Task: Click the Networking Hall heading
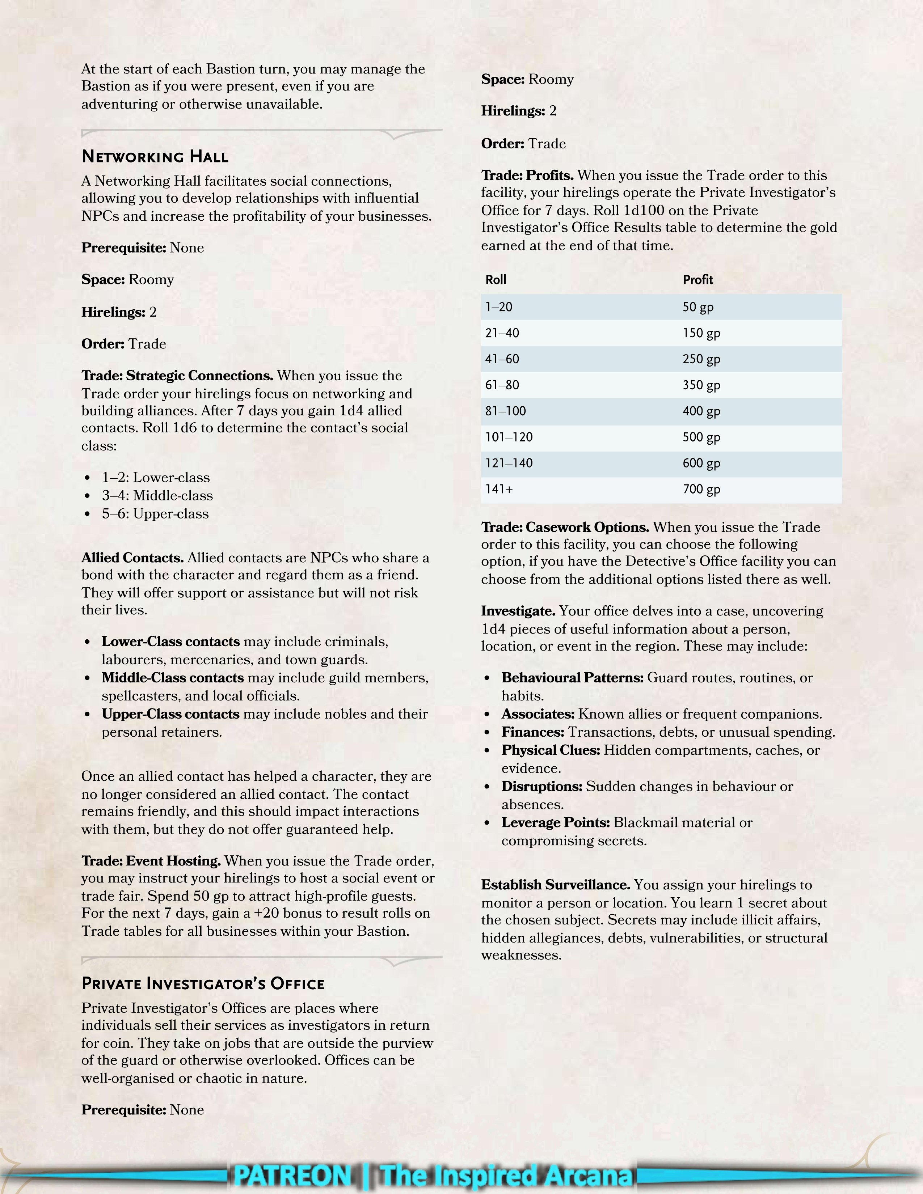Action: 155,157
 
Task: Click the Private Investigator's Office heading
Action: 203,984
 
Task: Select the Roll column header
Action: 496,280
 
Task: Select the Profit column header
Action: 698,280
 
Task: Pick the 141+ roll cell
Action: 499,489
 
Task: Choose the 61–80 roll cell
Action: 502,385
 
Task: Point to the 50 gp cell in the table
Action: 698,307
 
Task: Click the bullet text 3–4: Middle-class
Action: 157,496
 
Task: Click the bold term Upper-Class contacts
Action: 170,714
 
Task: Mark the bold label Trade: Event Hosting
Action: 151,861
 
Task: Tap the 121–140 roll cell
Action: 509,463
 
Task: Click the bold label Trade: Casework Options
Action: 565,528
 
